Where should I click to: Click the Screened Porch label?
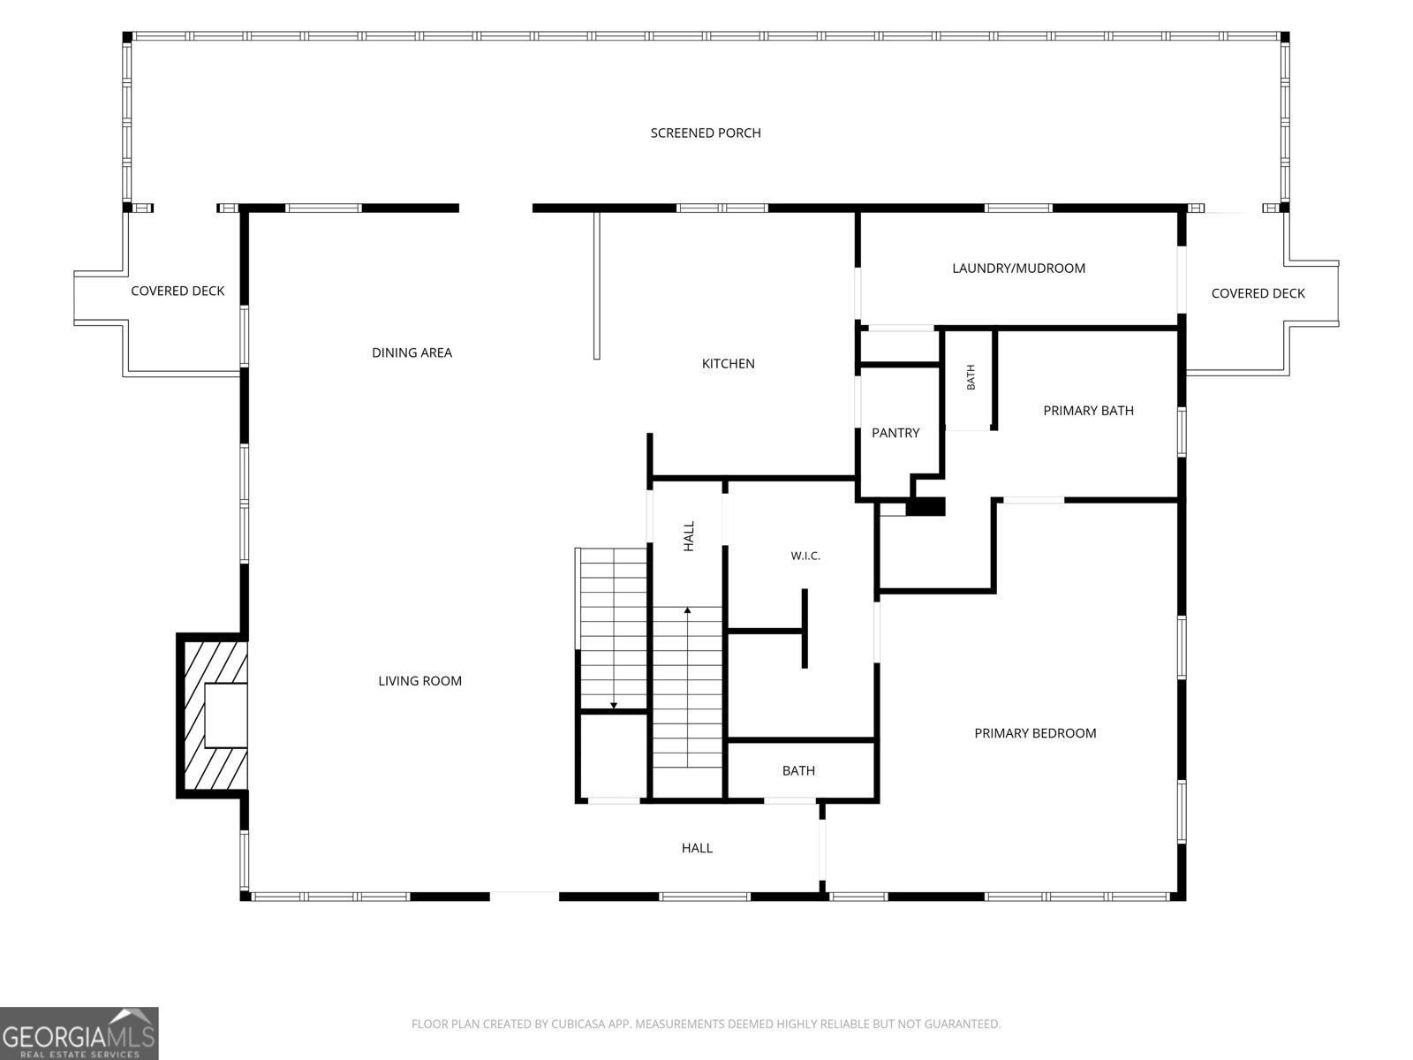(706, 133)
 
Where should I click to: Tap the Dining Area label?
(412, 352)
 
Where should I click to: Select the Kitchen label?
(728, 364)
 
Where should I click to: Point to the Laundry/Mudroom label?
(1018, 269)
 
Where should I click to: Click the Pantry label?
(895, 433)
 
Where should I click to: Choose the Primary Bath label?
(1088, 411)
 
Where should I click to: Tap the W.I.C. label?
(805, 556)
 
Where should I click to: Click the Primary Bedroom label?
(1034, 733)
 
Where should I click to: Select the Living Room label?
(419, 681)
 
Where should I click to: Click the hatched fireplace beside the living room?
(213, 715)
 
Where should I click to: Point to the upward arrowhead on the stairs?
(687, 609)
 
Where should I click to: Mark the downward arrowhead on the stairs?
(614, 706)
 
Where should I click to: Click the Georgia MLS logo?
(79, 1033)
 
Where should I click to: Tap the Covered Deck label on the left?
(178, 291)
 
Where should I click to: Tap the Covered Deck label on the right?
(1258, 293)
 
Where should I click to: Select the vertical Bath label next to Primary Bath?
(971, 377)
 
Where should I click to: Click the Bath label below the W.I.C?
(798, 771)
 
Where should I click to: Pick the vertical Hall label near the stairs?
(689, 536)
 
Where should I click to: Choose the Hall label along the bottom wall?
(697, 848)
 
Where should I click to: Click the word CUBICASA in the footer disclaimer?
(580, 1024)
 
